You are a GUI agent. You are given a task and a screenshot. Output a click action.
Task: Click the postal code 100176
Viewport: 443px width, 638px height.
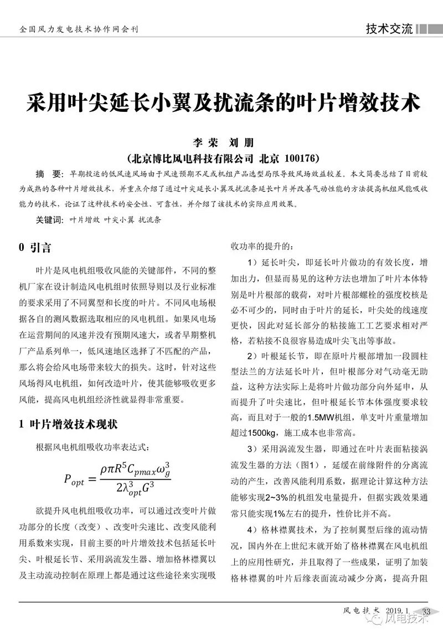tap(299, 158)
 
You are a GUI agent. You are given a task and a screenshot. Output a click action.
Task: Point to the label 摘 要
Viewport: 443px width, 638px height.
tap(47, 174)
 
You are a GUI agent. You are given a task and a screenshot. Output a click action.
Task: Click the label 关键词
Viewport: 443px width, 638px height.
tap(49, 219)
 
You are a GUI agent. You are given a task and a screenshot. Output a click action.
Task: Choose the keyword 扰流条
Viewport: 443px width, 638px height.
tap(150, 219)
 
